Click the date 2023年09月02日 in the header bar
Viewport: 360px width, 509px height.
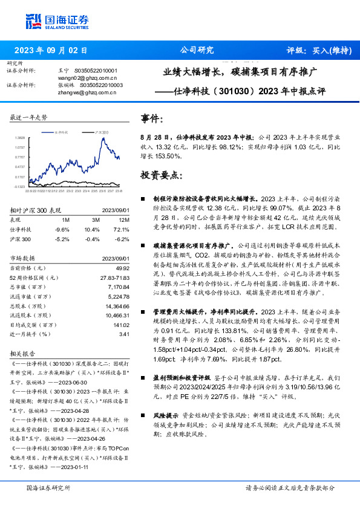click(x=51, y=50)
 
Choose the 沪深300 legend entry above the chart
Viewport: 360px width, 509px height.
click(x=102, y=131)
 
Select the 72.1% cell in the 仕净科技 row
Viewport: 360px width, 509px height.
click(x=123, y=230)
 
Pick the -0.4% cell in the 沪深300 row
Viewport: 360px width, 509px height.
click(x=94, y=239)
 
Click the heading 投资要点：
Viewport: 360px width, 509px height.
click(x=162, y=175)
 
